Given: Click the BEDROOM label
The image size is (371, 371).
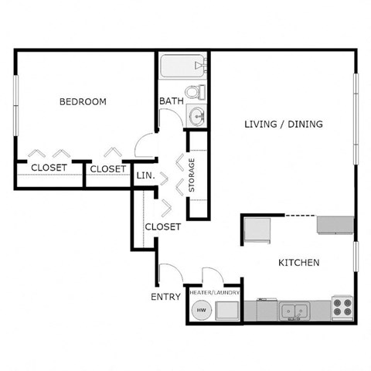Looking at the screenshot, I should tap(83, 102).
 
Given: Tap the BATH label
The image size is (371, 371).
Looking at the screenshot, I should tap(170, 102).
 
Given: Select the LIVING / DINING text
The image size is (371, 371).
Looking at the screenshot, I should tap(283, 124).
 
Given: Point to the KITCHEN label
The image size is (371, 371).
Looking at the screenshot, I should tap(298, 263).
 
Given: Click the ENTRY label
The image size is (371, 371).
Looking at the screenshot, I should tap(166, 296).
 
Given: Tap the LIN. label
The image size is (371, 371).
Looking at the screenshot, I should tap(146, 175).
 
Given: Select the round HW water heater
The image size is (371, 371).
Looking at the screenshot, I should tap(201, 311).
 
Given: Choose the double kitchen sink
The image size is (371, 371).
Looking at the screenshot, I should tap(294, 311).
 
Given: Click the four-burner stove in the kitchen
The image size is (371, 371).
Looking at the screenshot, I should tap(341, 307).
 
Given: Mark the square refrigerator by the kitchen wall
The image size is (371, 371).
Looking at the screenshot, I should tap(257, 230).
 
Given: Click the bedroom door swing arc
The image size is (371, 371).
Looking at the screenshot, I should tap(145, 143).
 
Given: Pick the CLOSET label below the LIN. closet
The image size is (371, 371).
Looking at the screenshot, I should tap(162, 226).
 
